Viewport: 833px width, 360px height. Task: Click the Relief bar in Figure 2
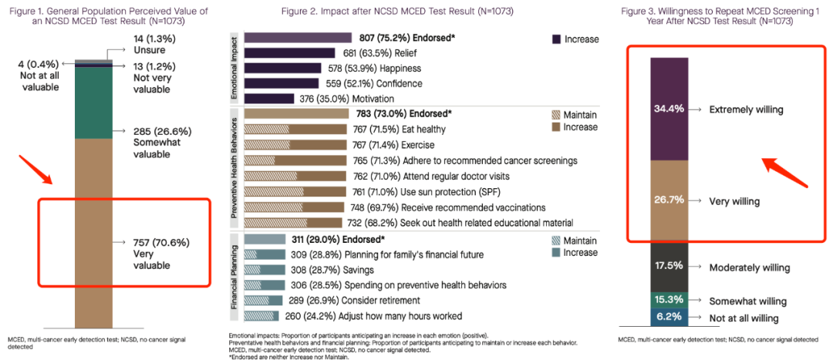(x=289, y=53)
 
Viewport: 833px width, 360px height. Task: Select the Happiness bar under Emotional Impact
(x=282, y=68)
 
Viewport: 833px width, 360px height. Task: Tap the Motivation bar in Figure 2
(x=269, y=99)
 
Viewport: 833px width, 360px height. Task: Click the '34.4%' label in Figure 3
(x=669, y=109)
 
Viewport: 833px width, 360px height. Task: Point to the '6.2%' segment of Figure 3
(x=669, y=318)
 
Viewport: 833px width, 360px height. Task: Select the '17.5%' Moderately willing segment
(x=669, y=267)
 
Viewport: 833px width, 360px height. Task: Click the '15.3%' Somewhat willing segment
(x=669, y=300)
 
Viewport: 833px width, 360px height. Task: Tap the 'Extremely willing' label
(x=746, y=109)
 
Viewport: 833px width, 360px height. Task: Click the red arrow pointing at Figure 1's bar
(x=35, y=170)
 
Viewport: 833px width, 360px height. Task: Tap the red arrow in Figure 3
(x=784, y=173)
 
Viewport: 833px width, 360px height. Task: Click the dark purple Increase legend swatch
(x=556, y=39)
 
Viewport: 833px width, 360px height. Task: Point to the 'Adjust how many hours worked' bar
(x=261, y=316)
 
